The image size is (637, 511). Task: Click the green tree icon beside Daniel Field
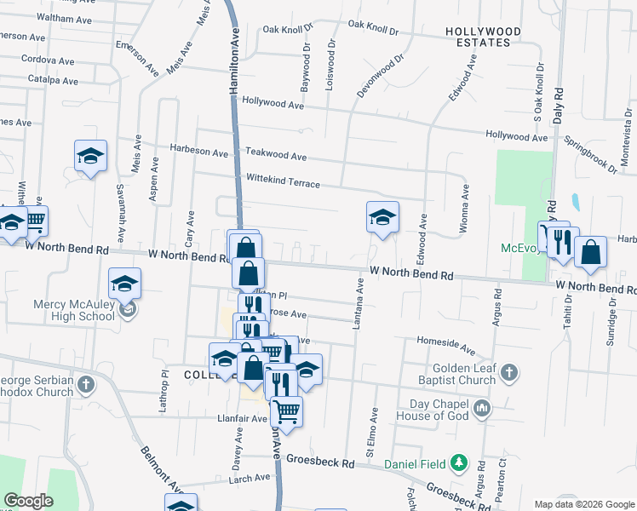coord(459,463)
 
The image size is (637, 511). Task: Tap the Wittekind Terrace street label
coord(283,183)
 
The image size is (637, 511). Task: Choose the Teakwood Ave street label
coord(275,156)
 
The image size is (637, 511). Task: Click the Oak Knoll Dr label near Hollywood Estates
coord(368,29)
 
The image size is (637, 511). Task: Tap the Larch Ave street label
coord(249,479)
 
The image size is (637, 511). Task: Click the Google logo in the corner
coord(28,501)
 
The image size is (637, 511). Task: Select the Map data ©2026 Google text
coord(583,504)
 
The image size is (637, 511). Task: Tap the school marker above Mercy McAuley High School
coord(125,284)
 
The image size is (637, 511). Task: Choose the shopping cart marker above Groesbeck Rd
coord(287,411)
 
